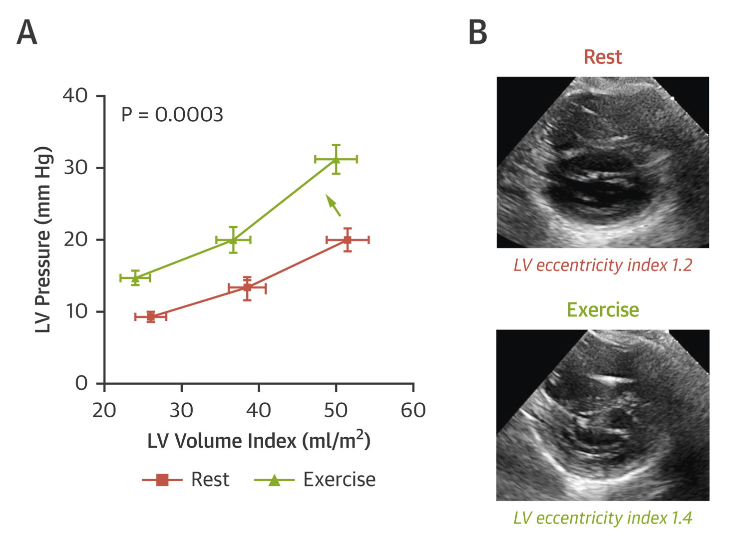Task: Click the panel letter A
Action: [27, 32]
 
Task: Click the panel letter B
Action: [477, 32]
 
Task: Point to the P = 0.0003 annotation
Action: [172, 115]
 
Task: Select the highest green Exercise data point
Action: [336, 159]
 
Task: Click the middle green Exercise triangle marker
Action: [233, 240]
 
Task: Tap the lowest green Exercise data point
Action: [135, 278]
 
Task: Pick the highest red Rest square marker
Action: [348, 240]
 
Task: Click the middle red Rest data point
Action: [247, 288]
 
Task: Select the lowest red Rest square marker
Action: [151, 316]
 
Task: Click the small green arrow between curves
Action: [333, 205]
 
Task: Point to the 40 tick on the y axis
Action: [75, 95]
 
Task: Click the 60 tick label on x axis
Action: [413, 411]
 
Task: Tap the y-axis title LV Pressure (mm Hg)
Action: [44, 240]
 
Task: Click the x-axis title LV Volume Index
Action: [259, 441]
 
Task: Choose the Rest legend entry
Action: [186, 480]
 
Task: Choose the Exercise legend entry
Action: [315, 480]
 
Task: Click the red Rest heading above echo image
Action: [603, 57]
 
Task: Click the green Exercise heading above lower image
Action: [603, 310]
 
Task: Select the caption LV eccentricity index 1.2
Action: [603, 265]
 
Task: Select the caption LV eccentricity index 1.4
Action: [603, 518]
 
